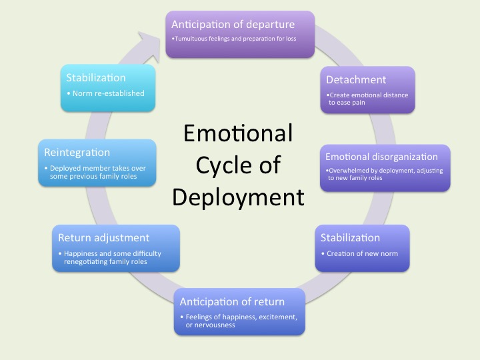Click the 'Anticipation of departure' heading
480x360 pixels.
(233, 24)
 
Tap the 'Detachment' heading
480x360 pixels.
(356, 80)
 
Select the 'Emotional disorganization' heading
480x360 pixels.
(381, 157)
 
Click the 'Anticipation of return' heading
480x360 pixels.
(232, 301)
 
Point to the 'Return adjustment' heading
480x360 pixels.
(103, 237)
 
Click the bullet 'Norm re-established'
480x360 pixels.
(108, 93)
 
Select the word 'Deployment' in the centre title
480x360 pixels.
(238, 197)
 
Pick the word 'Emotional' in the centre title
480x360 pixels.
(238, 133)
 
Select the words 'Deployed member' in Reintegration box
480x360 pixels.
(77, 168)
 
